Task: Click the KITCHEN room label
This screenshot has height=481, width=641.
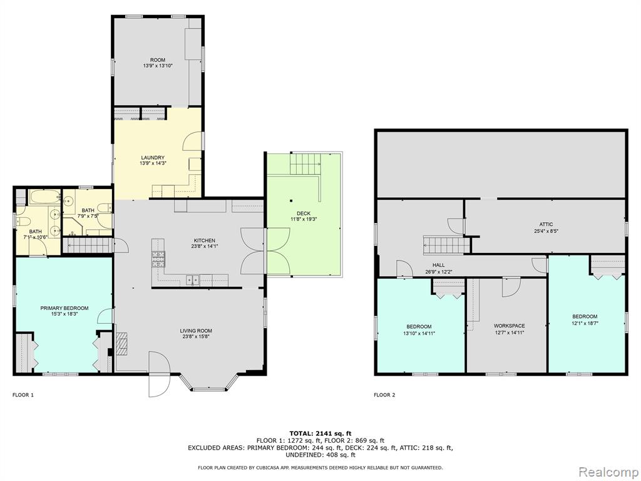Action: [x=205, y=240]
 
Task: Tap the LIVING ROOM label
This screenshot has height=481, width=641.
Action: [x=196, y=331]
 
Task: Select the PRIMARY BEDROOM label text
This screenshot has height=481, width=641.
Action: [x=64, y=308]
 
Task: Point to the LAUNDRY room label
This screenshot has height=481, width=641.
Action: [x=153, y=157]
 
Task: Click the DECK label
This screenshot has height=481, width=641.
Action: [x=304, y=214]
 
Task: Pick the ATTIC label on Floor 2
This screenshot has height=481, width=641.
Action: [x=546, y=224]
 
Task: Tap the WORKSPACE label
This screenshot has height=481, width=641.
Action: [x=510, y=326]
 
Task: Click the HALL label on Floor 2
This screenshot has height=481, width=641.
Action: [x=439, y=266]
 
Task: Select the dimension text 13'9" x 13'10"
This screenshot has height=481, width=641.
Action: [x=158, y=65]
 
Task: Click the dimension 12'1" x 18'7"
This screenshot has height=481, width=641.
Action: [x=585, y=323]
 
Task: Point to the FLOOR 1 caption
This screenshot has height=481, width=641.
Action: [x=23, y=395]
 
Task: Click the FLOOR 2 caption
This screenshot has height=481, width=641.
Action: [x=385, y=395]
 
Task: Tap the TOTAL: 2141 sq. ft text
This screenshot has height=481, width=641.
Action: [x=320, y=433]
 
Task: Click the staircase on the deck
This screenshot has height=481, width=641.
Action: [x=305, y=163]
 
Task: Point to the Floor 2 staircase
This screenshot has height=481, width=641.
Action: [x=446, y=246]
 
